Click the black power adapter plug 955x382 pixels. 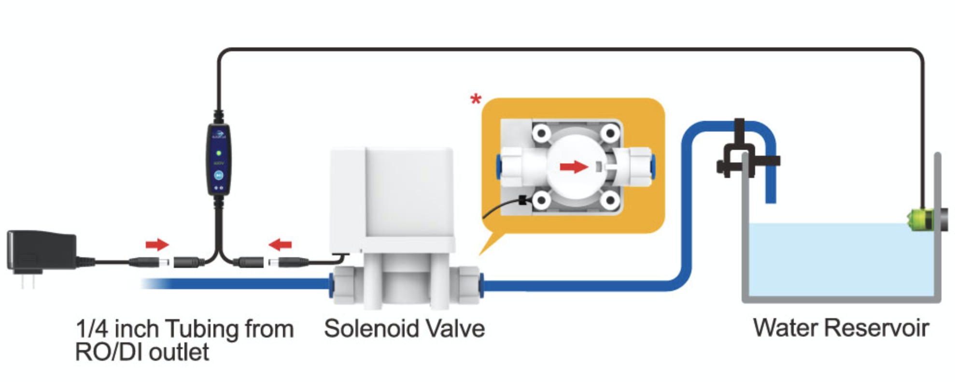click(41, 251)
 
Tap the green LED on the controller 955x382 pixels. click(219, 153)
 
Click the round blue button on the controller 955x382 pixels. click(219, 175)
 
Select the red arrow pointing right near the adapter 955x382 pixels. click(157, 244)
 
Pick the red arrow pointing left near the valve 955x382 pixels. click(281, 245)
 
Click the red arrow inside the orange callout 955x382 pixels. click(574, 167)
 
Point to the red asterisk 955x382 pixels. click(476, 100)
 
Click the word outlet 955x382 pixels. click(179, 352)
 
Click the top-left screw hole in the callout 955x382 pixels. click(541, 132)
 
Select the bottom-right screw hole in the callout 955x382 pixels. click(610, 199)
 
